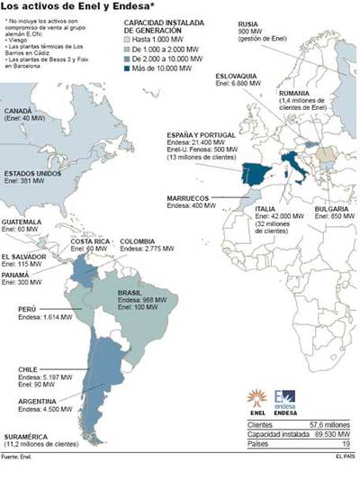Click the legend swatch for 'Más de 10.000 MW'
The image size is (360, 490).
[129, 68]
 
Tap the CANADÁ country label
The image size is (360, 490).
[19, 109]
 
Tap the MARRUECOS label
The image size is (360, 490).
[186, 198]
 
